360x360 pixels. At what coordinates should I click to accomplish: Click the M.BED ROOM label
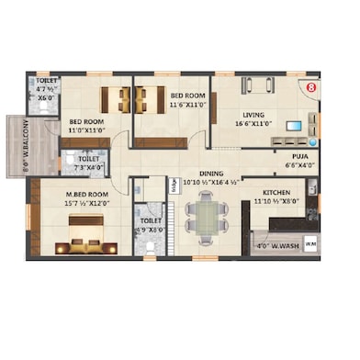86,195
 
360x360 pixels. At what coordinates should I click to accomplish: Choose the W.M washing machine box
309,243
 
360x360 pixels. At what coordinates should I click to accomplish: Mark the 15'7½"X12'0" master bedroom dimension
86,204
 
